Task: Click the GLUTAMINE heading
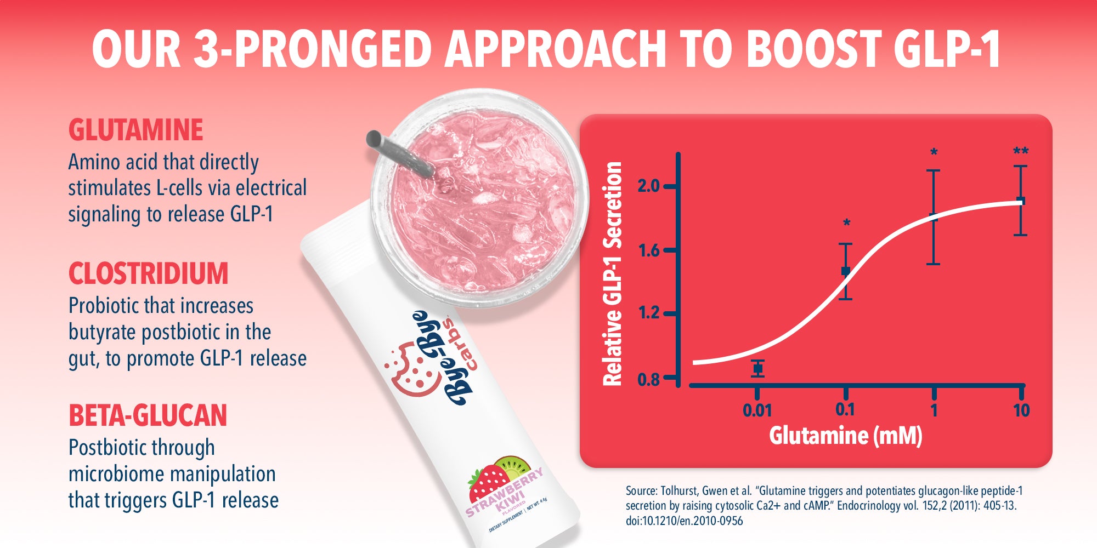(x=135, y=130)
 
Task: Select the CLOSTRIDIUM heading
(x=148, y=273)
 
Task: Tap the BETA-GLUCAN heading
(x=148, y=415)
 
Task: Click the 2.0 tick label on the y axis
(x=648, y=186)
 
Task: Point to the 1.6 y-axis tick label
(x=648, y=250)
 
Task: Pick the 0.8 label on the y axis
(x=648, y=379)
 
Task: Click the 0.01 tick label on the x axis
(x=757, y=410)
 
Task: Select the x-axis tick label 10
(x=1021, y=410)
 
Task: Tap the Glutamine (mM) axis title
(x=845, y=436)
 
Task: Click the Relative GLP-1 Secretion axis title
(x=613, y=274)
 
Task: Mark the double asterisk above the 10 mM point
(x=1021, y=151)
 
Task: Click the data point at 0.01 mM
(x=757, y=368)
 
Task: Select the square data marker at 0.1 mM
(x=845, y=271)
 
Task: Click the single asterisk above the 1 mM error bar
(x=934, y=153)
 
